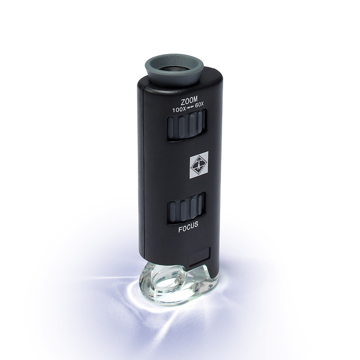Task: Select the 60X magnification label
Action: pyautogui.click(x=197, y=106)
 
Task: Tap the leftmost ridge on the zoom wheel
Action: pyautogui.click(x=173, y=129)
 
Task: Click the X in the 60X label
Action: pyautogui.click(x=202, y=105)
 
